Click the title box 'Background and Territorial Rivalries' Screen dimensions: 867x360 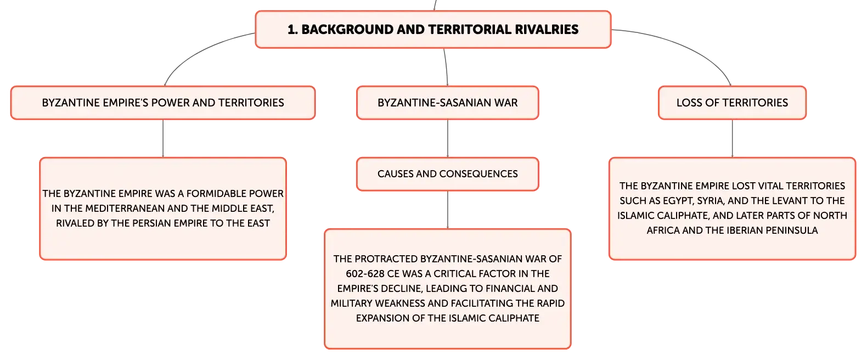[x=433, y=30]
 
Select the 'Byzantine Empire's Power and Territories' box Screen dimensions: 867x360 [x=163, y=103]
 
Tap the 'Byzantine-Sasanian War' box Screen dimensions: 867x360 [x=447, y=103]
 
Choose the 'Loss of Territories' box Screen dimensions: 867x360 [x=732, y=103]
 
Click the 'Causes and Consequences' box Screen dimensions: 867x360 [x=447, y=174]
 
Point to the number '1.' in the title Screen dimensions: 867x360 [x=292, y=30]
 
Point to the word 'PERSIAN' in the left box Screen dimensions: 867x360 [x=130, y=223]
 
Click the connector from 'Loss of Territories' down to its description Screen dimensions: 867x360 [x=732, y=138]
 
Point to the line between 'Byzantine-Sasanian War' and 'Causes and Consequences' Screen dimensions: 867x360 [x=447, y=138]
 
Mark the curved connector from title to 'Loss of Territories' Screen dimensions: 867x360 [x=689, y=45]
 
